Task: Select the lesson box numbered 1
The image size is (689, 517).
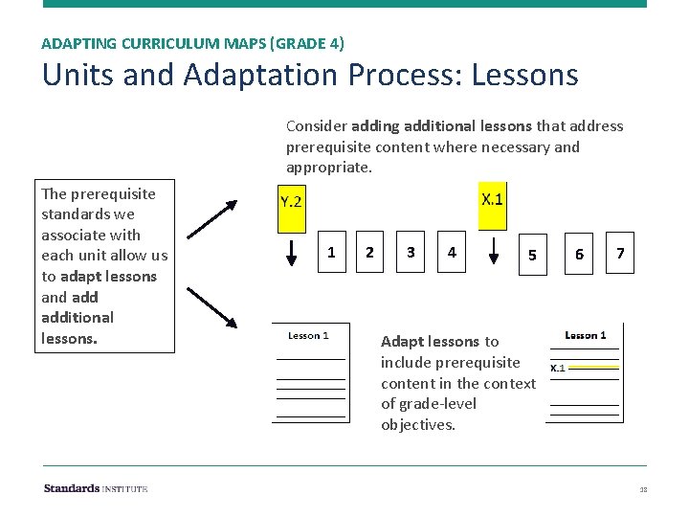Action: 331,253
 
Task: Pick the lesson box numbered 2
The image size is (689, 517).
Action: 369,253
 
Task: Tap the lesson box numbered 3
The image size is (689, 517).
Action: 411,253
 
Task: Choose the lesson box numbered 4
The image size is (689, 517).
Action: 452,253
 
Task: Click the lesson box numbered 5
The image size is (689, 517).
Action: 533,255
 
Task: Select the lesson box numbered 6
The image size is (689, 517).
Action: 579,255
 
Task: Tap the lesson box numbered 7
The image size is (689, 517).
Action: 620,253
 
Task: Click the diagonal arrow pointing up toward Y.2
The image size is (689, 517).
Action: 211,217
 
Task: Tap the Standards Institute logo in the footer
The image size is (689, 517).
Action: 96,488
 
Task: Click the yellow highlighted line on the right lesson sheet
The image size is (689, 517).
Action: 594,367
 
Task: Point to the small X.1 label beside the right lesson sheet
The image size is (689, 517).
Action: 557,368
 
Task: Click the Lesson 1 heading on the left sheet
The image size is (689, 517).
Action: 308,336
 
